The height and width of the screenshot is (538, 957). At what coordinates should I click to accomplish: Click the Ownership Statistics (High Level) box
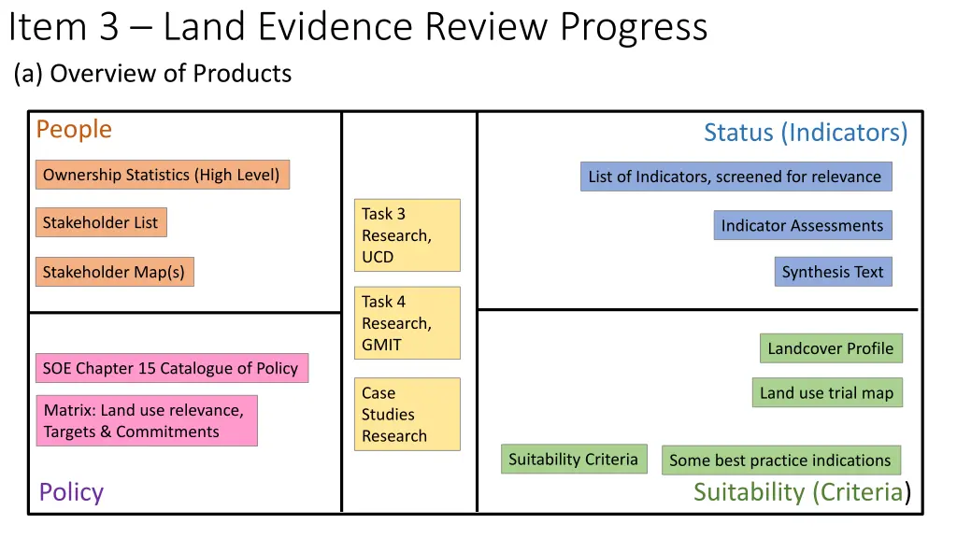(x=163, y=175)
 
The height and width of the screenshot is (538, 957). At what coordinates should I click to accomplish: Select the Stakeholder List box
(x=101, y=222)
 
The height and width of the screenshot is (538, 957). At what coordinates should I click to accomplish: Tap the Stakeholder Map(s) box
(x=114, y=272)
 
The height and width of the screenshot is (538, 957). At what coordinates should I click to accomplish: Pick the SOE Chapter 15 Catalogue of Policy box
(x=171, y=368)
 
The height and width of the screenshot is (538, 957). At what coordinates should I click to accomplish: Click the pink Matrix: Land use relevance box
(x=147, y=420)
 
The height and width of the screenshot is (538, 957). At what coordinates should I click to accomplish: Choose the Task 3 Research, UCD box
(x=407, y=235)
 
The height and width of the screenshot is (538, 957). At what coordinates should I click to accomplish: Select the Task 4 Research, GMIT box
(x=407, y=323)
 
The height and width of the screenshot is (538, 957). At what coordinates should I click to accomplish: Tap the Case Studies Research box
(x=407, y=415)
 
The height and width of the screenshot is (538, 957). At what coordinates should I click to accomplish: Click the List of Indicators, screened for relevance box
(x=736, y=177)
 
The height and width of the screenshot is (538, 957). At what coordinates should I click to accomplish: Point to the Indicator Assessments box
(x=803, y=225)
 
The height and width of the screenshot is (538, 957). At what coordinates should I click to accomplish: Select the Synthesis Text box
(x=833, y=272)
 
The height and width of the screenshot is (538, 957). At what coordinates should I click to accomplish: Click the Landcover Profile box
(x=831, y=348)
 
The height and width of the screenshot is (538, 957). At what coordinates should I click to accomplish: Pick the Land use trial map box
(x=827, y=392)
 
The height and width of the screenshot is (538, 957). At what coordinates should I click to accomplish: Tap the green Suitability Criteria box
(x=574, y=459)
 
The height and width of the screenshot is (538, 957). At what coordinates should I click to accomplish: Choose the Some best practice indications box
(x=780, y=460)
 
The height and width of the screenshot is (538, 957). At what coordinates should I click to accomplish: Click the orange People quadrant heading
(x=74, y=129)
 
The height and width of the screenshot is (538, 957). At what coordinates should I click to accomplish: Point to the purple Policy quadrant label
(x=71, y=492)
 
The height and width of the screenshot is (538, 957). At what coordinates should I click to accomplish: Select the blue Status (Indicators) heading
(x=806, y=133)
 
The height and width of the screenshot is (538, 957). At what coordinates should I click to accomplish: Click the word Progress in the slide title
(x=634, y=27)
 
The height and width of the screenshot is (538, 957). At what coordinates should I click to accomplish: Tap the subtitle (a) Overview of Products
(x=152, y=74)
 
